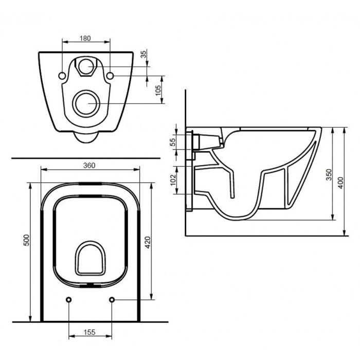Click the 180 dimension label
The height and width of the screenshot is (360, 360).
tap(85, 38)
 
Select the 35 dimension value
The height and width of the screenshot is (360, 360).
tap(143, 54)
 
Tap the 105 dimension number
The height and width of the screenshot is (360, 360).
tap(158, 91)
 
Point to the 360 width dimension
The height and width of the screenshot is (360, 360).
tap(89, 165)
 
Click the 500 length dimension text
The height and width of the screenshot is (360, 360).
tap(27, 240)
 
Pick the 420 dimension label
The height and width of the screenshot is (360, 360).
tap(148, 242)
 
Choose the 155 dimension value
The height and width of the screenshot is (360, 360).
tap(89, 332)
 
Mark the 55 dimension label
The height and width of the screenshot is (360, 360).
tap(173, 142)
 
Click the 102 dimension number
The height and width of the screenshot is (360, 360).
tap(173, 180)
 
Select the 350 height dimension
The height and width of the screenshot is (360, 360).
tap(329, 174)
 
